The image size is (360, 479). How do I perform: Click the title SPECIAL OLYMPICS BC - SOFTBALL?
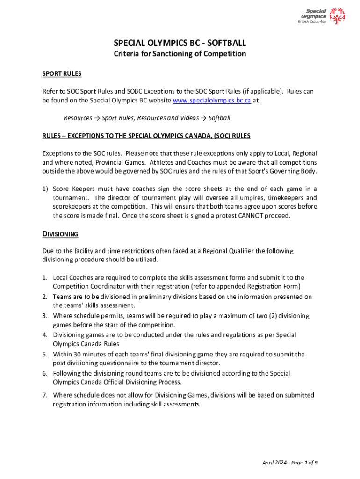[x=180, y=43]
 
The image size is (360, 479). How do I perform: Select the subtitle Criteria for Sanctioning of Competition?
[x=180, y=54]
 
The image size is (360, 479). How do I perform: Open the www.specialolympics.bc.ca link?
[x=212, y=101]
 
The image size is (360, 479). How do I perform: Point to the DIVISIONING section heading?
[x=60, y=234]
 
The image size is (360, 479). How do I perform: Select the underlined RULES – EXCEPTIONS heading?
[x=146, y=136]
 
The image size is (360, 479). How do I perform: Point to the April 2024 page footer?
[x=290, y=463]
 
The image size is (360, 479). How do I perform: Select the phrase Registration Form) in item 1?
[x=276, y=286]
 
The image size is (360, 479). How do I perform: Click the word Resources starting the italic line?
[x=78, y=118]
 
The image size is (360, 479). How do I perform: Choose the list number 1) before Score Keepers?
[x=45, y=189]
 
